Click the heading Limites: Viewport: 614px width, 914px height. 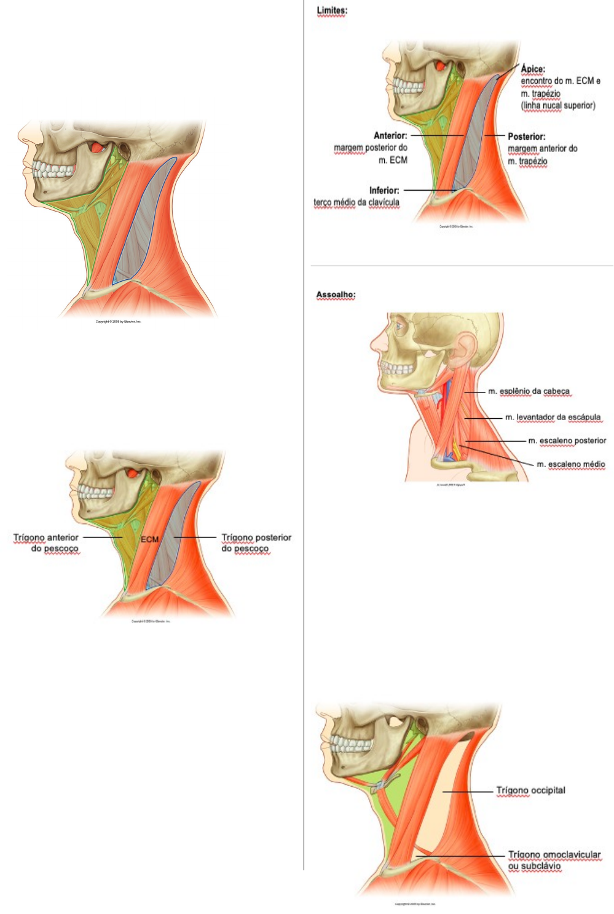pos(331,10)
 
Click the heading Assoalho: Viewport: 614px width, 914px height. pos(336,295)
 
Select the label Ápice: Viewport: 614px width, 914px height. pos(533,69)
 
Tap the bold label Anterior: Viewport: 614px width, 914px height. pos(390,135)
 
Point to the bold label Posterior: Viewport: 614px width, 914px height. pos(526,137)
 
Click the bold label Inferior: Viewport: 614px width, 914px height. pos(384,190)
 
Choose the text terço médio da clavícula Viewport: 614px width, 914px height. pos(356,202)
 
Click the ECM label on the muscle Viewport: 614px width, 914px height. pos(149,539)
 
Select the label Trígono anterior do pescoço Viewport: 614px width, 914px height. pos(47,542)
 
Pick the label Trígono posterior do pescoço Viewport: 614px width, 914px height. pos(256,542)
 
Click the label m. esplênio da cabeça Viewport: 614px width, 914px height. pos(529,391)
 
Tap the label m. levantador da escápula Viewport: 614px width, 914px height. pos(553,417)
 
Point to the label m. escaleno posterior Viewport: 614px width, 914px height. pos(567,440)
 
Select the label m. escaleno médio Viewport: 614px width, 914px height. pos(570,464)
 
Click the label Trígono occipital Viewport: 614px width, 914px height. pos(530,790)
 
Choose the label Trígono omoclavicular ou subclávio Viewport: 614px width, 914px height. pos(554,860)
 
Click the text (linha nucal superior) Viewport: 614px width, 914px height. pos(558,106)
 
